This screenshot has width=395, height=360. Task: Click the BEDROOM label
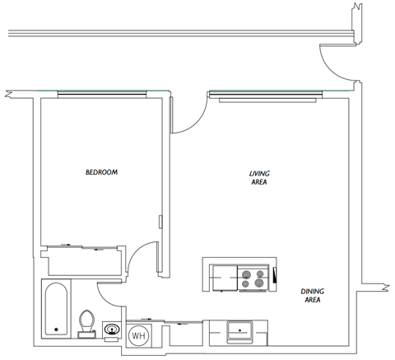[x=101, y=172]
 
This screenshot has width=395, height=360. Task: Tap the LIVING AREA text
[x=260, y=178]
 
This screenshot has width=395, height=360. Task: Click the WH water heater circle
[x=138, y=334]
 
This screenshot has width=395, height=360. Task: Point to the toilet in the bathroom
[x=86, y=321]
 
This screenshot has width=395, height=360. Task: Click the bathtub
[x=56, y=310]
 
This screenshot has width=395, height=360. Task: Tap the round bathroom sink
[x=112, y=331]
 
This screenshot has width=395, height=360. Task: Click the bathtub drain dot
[x=56, y=330]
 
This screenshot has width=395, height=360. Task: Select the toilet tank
[x=86, y=334]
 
